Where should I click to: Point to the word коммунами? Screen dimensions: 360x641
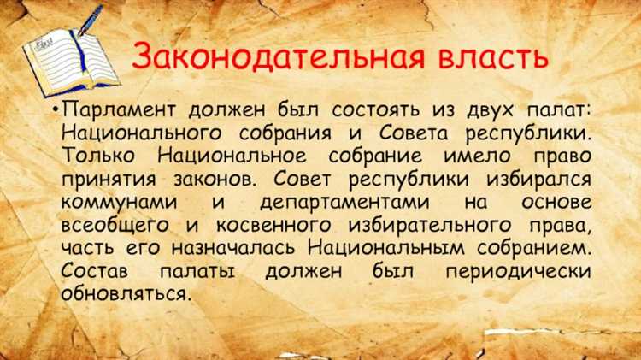coord(118,204)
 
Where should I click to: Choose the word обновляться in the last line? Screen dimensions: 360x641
coord(123,292)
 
